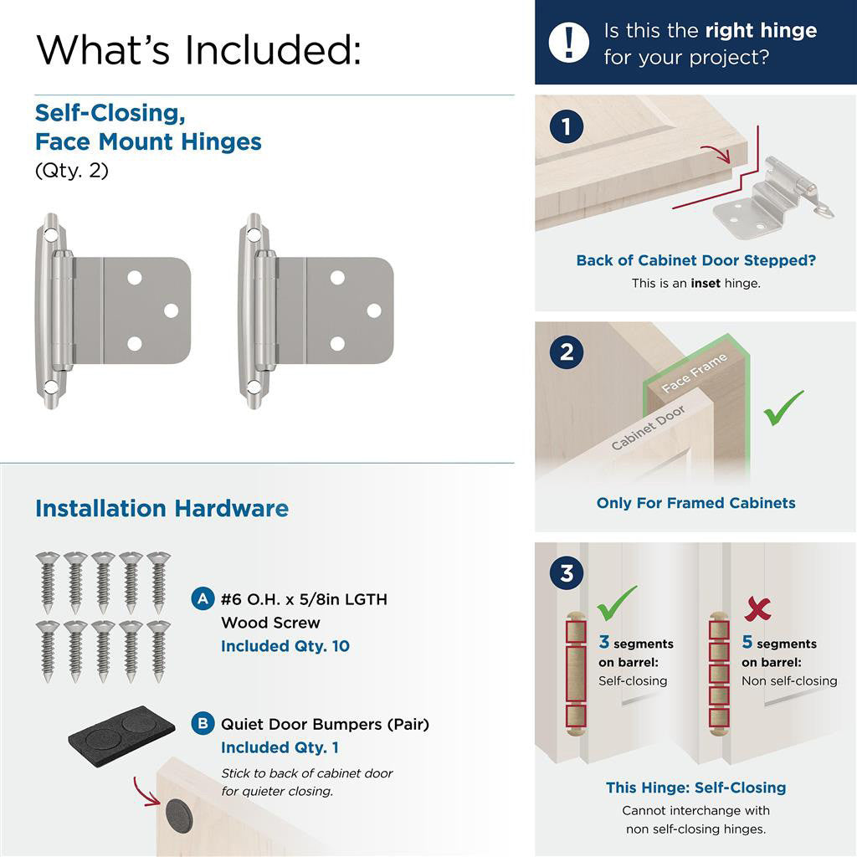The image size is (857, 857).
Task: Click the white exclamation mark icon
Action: click(x=569, y=42)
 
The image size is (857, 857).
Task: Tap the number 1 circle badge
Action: click(x=567, y=127)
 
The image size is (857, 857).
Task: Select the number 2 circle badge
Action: click(x=567, y=352)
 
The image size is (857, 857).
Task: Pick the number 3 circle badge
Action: click(x=567, y=574)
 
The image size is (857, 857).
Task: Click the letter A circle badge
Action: click(x=203, y=599)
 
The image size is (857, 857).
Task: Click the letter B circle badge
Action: click(x=203, y=723)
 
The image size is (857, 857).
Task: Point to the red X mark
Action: click(x=757, y=608)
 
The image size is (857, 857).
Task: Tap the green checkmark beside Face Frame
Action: click(x=783, y=408)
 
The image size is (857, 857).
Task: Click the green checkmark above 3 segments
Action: click(x=617, y=602)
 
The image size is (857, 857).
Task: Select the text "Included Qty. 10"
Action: click(x=285, y=646)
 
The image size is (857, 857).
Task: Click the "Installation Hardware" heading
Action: click(x=162, y=509)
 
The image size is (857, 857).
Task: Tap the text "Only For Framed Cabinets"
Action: click(x=695, y=503)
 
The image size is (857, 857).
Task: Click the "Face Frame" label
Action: click(x=694, y=373)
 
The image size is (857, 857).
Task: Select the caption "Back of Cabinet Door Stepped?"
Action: click(x=695, y=260)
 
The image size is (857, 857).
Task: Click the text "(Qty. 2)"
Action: click(x=72, y=171)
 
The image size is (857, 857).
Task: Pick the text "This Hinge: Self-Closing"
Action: click(x=695, y=788)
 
